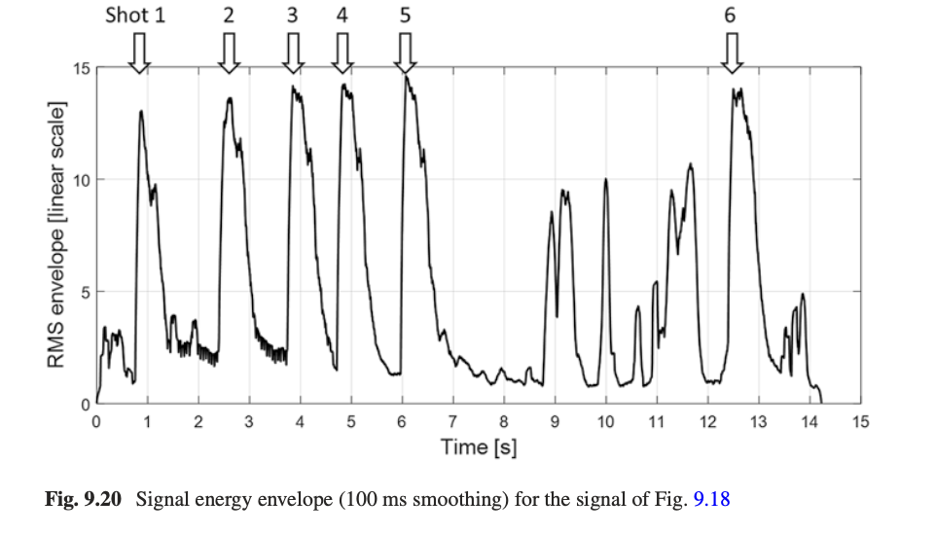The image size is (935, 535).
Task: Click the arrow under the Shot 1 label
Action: click(139, 53)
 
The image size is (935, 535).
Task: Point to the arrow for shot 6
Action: click(732, 53)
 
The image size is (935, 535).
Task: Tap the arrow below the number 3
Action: click(293, 53)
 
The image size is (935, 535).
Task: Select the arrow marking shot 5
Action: click(405, 53)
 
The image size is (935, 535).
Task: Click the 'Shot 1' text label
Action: click(135, 17)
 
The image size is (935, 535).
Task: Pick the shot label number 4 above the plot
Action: click(342, 17)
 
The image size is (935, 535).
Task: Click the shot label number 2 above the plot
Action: click(229, 17)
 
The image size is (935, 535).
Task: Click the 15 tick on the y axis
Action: click(82, 69)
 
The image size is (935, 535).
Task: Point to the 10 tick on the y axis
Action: click(82, 181)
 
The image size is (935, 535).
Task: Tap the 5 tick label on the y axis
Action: click(86, 292)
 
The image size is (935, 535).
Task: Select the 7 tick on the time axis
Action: click(452, 422)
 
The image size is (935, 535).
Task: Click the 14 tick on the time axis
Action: click(809, 422)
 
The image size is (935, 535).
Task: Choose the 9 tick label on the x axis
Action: click(555, 422)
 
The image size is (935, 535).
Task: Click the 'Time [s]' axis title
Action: click(478, 447)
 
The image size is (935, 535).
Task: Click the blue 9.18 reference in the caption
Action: click(711, 500)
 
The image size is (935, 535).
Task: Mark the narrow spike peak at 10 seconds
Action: click(605, 180)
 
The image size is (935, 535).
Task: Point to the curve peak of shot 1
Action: click(141, 112)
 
